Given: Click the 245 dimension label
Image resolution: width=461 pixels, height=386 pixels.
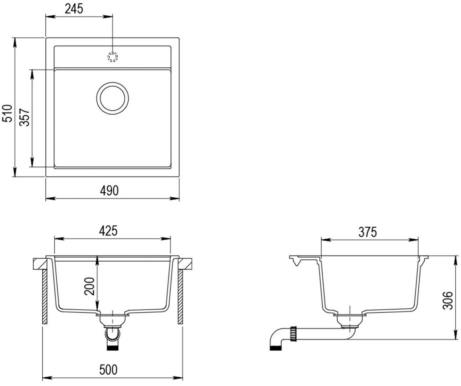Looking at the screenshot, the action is [74, 9].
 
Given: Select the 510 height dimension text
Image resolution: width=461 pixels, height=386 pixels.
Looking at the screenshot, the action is [7, 113].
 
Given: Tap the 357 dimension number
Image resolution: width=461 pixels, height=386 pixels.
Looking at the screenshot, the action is [24, 117].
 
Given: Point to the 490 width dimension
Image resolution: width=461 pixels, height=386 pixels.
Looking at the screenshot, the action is [109, 191].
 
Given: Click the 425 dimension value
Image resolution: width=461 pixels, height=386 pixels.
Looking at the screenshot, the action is [108, 231].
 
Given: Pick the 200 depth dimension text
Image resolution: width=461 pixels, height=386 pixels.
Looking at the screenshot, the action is [89, 286].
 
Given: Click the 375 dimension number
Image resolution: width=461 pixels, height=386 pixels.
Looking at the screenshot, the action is [368, 232].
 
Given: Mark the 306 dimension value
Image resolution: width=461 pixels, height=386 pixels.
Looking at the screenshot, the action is [448, 301].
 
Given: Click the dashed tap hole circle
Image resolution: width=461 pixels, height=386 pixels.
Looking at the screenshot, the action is [113, 57].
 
